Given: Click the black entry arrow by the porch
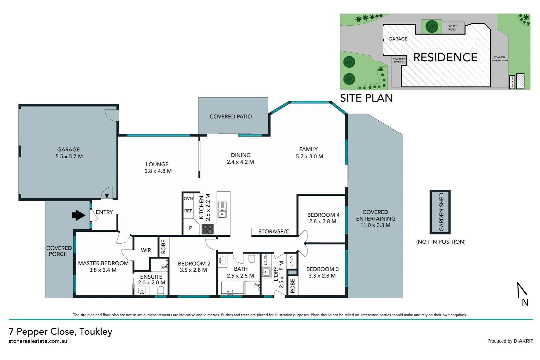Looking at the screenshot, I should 79,215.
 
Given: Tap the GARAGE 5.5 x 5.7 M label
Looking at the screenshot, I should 69,153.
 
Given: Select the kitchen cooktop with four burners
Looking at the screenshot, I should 208,229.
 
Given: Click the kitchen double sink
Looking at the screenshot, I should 222,210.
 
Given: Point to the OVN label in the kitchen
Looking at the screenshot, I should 188,199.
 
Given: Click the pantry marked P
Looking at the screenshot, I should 191,228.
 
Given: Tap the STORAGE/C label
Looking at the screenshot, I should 274,232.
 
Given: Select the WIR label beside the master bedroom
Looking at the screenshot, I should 146,250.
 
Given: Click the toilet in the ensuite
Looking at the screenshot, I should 161,291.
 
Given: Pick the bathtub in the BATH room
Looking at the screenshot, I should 232,288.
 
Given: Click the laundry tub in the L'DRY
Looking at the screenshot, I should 266,272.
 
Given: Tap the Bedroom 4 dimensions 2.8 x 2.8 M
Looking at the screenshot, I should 322,221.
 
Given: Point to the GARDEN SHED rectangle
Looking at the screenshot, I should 440,212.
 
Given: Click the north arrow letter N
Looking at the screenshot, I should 525,302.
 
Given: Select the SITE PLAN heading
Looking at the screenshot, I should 366,98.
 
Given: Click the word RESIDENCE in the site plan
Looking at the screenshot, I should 445,57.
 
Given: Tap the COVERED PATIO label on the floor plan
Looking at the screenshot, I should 231,117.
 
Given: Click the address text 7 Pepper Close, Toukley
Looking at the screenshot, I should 61,332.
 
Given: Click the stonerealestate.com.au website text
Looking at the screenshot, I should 38,341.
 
